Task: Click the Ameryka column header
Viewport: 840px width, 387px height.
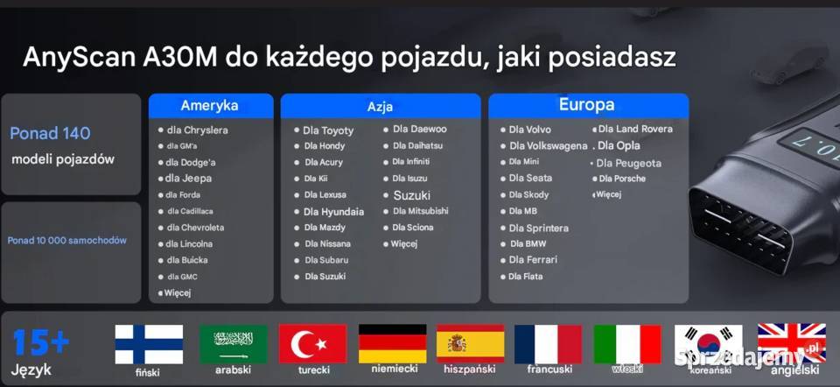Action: tap(209, 106)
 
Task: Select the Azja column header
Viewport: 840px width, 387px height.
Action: tap(380, 107)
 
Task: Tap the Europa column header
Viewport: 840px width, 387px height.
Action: tap(586, 105)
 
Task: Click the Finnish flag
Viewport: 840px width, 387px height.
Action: tap(149, 344)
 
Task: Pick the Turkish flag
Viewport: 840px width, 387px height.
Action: tap(312, 344)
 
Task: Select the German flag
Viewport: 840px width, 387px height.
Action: tap(392, 344)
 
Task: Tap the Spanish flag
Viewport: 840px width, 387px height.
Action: tap(470, 344)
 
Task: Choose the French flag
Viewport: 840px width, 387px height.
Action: tap(548, 344)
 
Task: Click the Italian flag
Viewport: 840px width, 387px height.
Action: tap(627, 344)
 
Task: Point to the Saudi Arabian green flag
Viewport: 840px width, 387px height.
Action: tap(233, 344)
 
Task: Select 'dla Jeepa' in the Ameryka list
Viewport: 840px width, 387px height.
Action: tap(188, 179)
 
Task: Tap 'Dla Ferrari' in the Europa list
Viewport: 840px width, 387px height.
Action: tap(533, 260)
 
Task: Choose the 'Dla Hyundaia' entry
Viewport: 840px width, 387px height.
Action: tap(333, 212)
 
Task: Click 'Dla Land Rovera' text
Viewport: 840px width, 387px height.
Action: tap(635, 130)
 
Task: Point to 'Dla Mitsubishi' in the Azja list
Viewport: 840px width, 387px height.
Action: tap(420, 211)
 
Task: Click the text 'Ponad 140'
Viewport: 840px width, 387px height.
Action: tap(50, 133)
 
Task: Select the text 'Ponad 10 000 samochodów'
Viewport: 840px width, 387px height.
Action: tap(67, 240)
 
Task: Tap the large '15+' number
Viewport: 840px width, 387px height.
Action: tap(41, 342)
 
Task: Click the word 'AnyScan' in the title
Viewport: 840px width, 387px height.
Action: tap(76, 58)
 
